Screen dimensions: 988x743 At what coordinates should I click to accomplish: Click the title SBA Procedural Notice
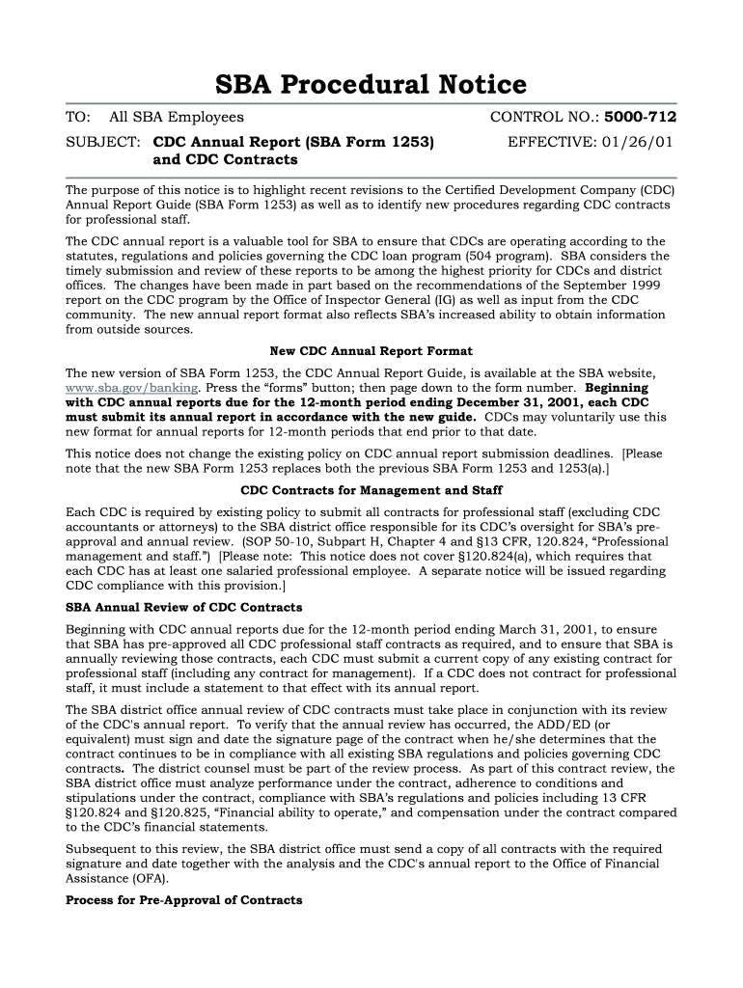click(x=371, y=85)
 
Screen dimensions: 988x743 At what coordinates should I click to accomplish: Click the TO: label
click(x=77, y=118)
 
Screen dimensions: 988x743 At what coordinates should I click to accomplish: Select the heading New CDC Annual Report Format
click(x=371, y=351)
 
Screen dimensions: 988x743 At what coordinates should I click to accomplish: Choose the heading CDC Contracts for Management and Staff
click(x=371, y=490)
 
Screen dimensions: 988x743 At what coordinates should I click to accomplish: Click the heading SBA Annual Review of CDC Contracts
click(x=183, y=608)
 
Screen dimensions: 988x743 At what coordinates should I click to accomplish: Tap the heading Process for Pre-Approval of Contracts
click(x=183, y=900)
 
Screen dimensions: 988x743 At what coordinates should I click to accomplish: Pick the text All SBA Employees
click(x=177, y=118)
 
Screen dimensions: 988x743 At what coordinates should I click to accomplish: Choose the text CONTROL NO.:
click(x=545, y=118)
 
